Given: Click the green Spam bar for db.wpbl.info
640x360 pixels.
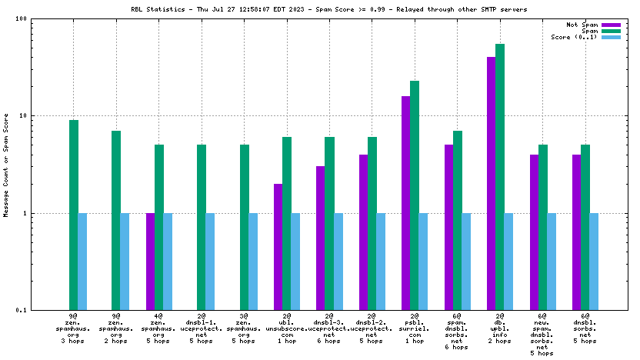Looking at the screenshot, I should [x=500, y=177].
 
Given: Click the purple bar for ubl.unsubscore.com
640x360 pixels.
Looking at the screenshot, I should [x=278, y=246].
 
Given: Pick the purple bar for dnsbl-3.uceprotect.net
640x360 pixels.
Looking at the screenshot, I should [x=320, y=238].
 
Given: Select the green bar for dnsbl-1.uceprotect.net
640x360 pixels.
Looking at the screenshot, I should [x=202, y=227].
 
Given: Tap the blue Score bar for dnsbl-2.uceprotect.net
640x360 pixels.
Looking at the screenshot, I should [x=381, y=261].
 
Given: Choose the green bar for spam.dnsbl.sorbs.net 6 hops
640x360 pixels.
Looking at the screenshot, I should [x=458, y=220].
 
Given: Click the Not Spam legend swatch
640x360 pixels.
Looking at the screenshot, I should [x=611, y=25].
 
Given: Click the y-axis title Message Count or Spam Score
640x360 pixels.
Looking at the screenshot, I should [x=7, y=165].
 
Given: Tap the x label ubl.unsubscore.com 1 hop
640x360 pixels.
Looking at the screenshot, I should [x=286, y=329].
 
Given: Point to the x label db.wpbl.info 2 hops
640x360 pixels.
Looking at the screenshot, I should [x=500, y=329].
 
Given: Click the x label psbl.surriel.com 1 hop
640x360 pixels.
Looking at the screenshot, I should [x=415, y=329].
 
